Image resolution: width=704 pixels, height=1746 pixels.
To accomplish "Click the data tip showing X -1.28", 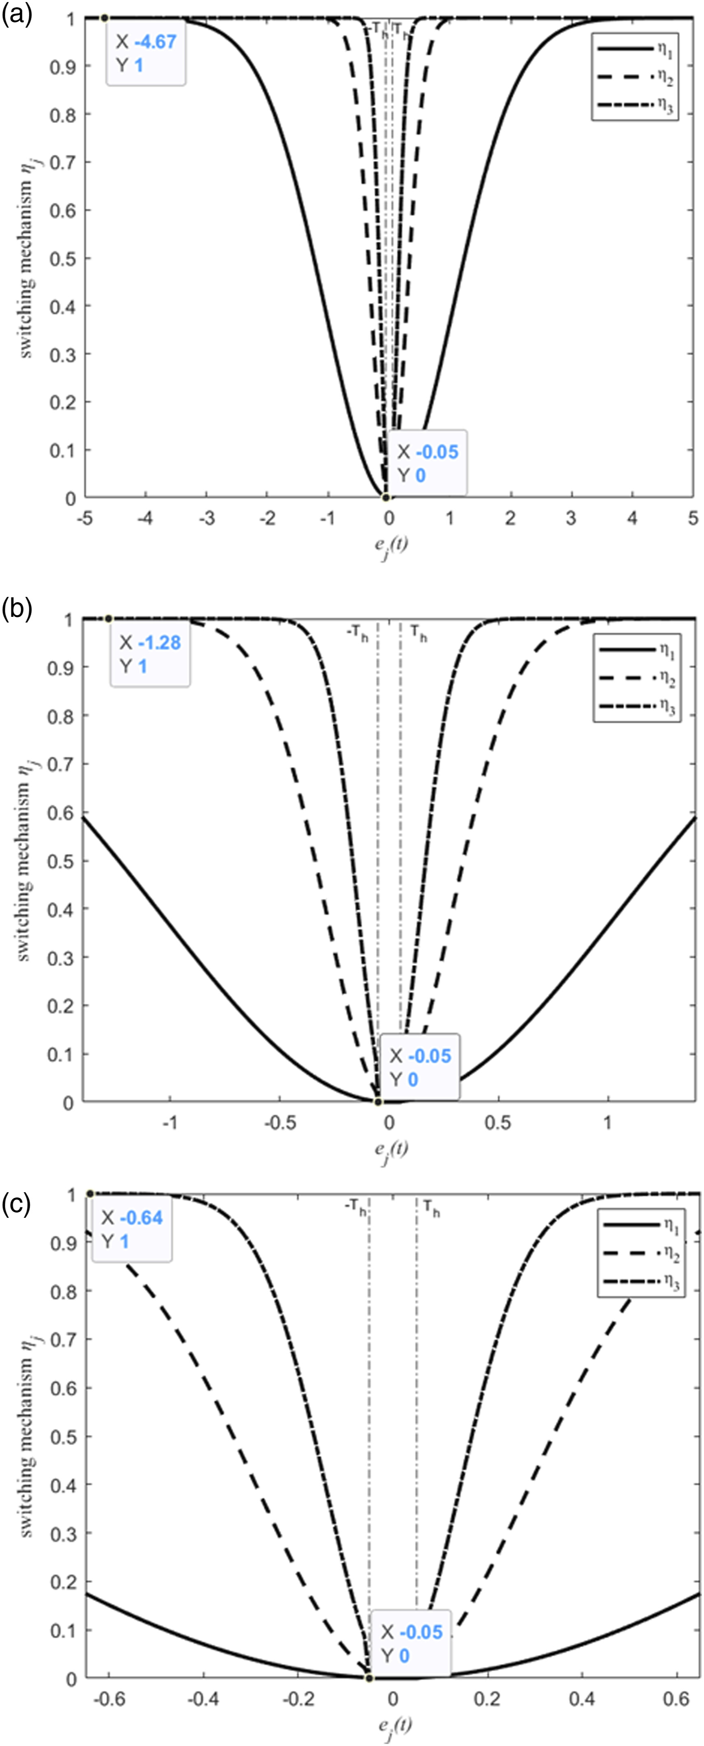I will click(150, 655).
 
